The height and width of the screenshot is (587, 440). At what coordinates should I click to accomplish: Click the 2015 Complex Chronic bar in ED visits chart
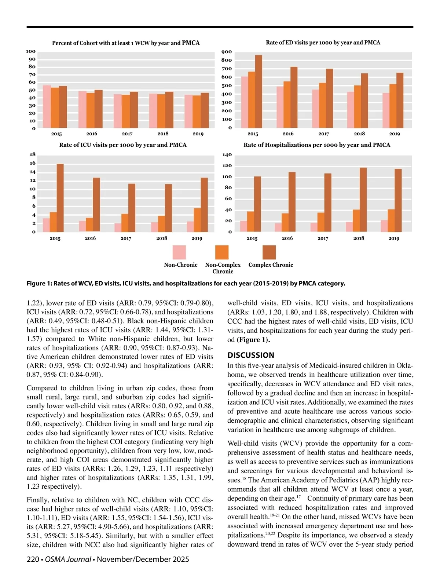coord(258,92)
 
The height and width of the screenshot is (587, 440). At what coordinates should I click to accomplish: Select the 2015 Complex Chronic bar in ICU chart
coord(60,198)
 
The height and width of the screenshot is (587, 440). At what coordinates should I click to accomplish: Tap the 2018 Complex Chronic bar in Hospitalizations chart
coord(363,200)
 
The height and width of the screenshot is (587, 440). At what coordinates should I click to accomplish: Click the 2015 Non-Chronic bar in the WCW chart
coord(47,107)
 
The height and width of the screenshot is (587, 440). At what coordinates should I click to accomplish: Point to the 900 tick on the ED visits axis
coord(227,52)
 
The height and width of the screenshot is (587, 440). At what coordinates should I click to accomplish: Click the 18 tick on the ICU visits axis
coord(33,154)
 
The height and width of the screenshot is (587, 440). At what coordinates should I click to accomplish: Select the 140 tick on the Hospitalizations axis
coord(227,155)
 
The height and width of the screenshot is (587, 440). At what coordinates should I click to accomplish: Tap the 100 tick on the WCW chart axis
coord(31,51)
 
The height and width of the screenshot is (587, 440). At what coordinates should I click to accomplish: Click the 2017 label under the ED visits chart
coord(323,134)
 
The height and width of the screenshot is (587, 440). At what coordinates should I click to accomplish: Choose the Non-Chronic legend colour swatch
coord(179,252)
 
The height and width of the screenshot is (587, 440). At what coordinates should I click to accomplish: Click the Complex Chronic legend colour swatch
coord(269,252)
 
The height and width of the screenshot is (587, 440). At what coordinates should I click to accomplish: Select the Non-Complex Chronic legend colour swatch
coord(222,252)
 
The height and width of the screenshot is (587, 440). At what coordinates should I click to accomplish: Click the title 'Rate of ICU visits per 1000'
coord(123,145)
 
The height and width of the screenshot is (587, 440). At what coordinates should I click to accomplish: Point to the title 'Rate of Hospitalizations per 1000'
coord(317,145)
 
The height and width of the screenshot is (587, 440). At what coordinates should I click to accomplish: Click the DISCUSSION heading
coord(251,355)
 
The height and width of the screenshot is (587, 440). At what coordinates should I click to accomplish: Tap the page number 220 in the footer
coord(33,559)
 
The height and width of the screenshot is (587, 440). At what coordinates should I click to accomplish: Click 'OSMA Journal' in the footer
coord(68,559)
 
